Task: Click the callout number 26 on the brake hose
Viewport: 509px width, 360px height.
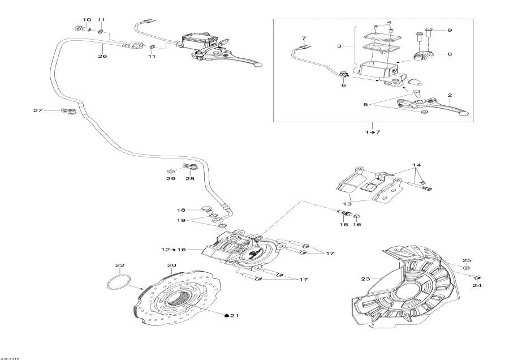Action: click(x=102, y=56)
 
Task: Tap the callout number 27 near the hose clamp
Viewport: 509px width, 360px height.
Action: click(x=38, y=110)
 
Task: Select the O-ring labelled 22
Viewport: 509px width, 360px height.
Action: click(x=119, y=282)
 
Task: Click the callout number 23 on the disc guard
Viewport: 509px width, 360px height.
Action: click(x=364, y=279)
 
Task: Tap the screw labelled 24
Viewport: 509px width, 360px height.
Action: click(x=478, y=277)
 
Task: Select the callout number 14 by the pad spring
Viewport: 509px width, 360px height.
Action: click(x=417, y=165)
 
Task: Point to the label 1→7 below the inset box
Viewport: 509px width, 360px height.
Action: click(x=373, y=132)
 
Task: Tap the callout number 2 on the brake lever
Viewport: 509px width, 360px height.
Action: click(x=450, y=95)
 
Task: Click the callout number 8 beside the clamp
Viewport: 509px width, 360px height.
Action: click(x=450, y=54)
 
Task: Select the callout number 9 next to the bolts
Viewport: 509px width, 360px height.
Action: click(x=450, y=30)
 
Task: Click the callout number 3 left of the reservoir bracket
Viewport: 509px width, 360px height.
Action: click(x=339, y=45)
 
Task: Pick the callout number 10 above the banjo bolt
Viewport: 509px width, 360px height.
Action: click(x=87, y=20)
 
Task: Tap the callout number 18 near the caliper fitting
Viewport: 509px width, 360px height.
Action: click(x=182, y=209)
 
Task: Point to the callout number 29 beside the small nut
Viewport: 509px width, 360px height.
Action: click(x=171, y=179)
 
